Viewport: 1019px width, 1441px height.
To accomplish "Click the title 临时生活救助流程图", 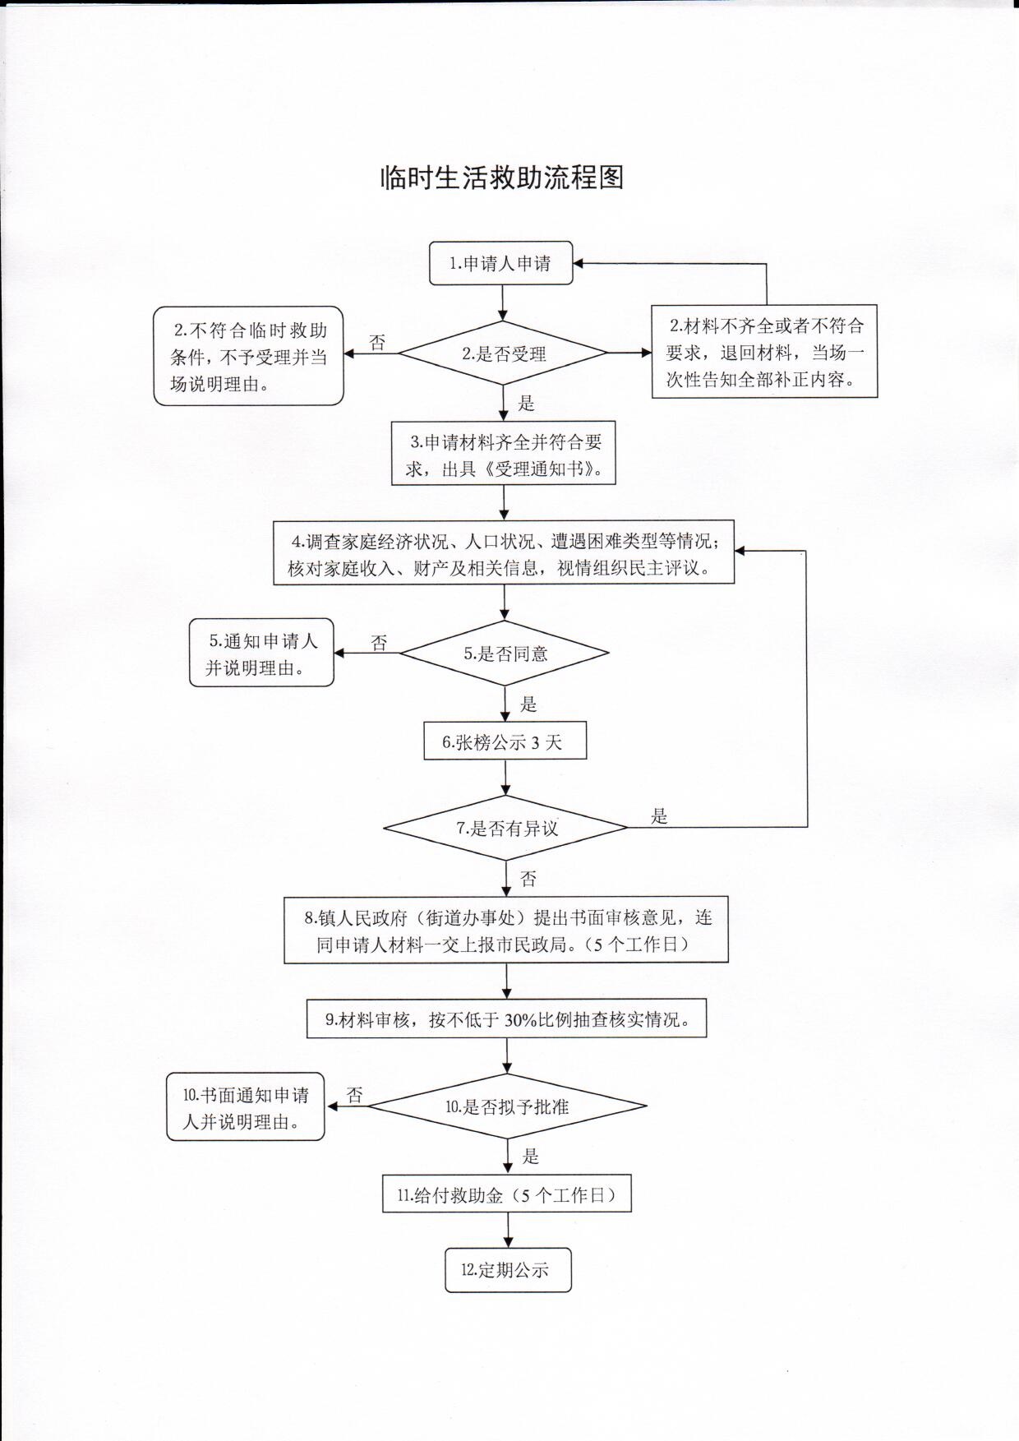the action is coord(502,178).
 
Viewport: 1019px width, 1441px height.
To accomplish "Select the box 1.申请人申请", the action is coord(500,264).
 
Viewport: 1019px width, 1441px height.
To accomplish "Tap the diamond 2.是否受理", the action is coord(503,353).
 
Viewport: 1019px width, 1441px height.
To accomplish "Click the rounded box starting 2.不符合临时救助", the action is coord(248,356).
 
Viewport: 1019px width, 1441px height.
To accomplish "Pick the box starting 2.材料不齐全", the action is coord(764,352).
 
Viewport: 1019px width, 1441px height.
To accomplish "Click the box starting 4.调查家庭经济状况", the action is coord(504,552).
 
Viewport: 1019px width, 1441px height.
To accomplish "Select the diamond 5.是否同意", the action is coord(505,654).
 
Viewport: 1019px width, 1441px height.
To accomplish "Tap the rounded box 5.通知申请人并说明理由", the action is coord(261,653).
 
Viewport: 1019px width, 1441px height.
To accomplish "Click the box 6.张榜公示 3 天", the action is coord(505,742).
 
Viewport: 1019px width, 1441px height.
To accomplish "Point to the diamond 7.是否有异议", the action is coord(505,828).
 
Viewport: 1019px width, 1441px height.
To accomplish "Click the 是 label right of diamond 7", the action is coord(659,816).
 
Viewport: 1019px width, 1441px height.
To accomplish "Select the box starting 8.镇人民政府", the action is coord(506,930).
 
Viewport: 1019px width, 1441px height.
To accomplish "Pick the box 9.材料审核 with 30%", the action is coord(507,1019).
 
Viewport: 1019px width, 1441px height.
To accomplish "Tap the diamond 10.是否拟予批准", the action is coord(507,1106).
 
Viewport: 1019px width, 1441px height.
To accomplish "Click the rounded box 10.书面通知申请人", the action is coord(246,1106).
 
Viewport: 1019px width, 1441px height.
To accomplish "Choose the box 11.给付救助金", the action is coord(507,1194).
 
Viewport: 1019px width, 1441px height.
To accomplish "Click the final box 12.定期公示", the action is coord(508,1270).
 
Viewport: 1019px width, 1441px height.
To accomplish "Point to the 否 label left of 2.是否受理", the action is coord(377,342).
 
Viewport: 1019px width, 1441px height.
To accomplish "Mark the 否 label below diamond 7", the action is coord(528,879).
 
